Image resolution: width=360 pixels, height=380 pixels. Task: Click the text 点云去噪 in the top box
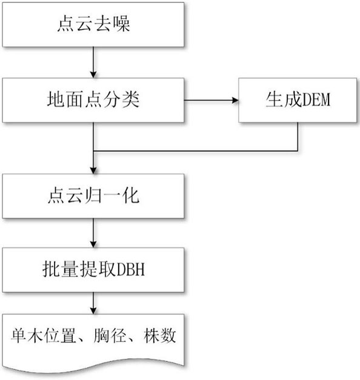tap(93, 24)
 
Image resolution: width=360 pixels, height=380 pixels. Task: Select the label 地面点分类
tap(93, 99)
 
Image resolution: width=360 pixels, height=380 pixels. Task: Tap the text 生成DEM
tap(298, 99)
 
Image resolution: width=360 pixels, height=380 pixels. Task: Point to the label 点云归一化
tap(93, 195)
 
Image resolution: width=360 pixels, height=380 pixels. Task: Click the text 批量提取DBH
tap(93, 269)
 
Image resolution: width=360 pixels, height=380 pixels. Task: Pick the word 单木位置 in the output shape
tap(43, 336)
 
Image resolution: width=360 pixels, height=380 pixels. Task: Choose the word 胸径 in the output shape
tap(110, 336)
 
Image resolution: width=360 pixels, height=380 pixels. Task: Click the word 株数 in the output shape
tap(159, 336)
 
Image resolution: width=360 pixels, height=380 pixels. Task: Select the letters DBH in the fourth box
tap(131, 269)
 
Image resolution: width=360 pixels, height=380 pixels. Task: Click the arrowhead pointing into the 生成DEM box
tap(235, 100)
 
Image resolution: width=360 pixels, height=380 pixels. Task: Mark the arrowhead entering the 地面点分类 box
tap(93, 75)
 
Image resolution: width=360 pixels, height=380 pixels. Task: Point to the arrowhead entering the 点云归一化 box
tap(93, 170)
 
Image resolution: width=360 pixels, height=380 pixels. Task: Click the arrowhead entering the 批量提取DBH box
tap(93, 244)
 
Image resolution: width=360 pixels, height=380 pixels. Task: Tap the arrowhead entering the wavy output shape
tap(93, 311)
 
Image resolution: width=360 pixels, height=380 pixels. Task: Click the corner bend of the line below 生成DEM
tap(298, 151)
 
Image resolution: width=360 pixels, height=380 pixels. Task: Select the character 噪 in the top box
tap(122, 24)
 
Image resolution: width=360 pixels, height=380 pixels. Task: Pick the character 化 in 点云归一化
tap(131, 195)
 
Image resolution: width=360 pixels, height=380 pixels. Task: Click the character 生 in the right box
tap(274, 99)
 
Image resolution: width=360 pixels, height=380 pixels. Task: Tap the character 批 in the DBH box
tap(51, 269)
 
